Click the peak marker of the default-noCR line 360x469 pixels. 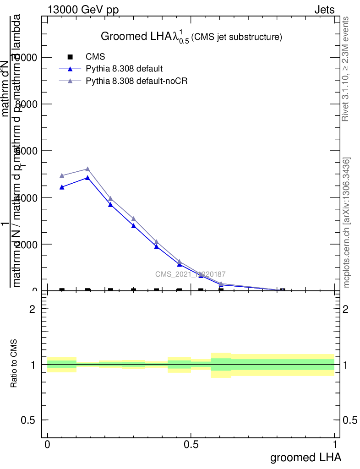pos(87,169)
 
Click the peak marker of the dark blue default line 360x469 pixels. pos(87,178)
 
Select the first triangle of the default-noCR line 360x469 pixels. pos(62,176)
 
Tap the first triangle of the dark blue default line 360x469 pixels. pos(62,187)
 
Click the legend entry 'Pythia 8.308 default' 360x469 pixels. pos(124,69)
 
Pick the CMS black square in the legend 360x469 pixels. pos(70,57)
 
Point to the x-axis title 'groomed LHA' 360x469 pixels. pos(305,458)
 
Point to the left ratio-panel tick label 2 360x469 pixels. pos(32,309)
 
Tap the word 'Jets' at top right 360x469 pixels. pos(324,10)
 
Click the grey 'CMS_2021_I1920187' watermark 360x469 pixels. pos(191,274)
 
